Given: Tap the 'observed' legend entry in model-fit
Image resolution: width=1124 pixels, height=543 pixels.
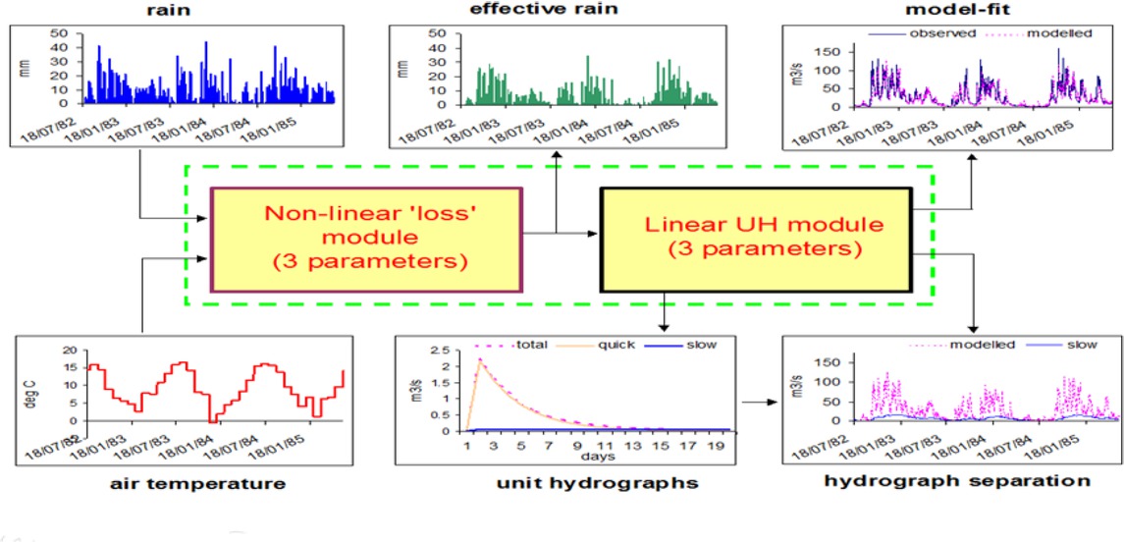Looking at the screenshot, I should pos(941,32).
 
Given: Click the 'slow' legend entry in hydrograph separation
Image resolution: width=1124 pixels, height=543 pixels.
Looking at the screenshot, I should pos(1079,345).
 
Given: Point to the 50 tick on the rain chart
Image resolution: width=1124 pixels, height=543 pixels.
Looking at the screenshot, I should pos(60,33).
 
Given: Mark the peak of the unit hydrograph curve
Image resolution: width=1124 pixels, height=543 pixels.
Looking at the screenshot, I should pos(480,359).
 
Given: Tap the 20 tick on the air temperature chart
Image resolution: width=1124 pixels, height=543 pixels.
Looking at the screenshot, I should pos(68,351).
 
